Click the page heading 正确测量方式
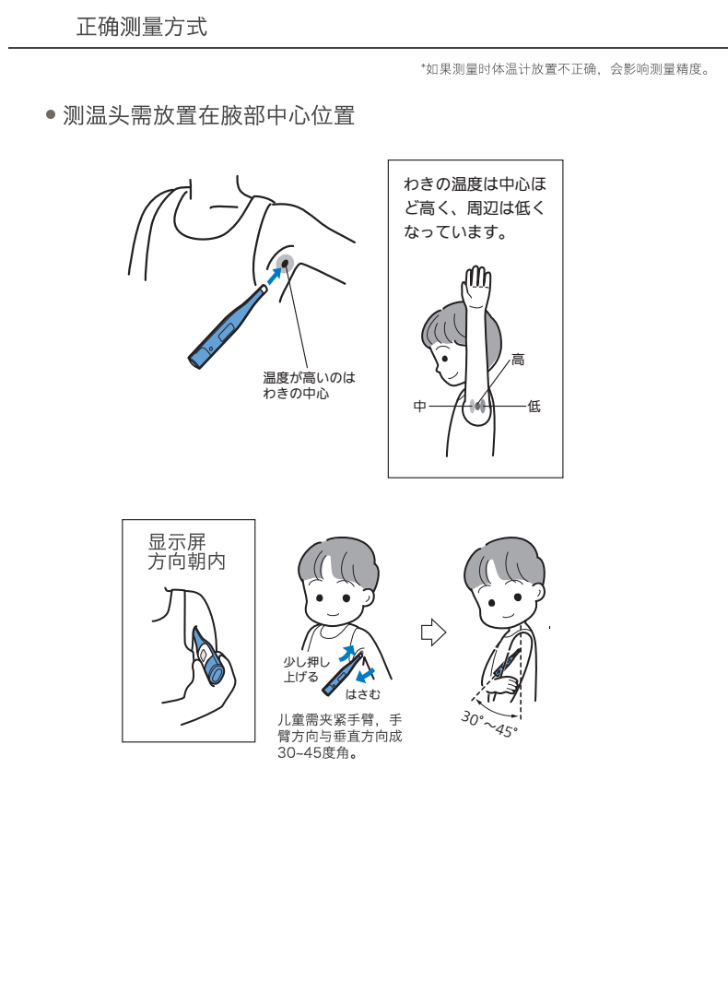click(141, 27)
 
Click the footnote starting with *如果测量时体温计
click(567, 69)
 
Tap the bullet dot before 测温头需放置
click(52, 114)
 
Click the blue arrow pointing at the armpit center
click(273, 276)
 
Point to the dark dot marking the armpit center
click(286, 264)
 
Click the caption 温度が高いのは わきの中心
click(309, 385)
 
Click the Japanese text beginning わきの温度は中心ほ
click(476, 207)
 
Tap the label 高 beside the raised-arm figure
click(518, 360)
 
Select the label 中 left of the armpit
click(419, 406)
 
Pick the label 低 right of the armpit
click(534, 406)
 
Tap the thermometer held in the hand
click(208, 655)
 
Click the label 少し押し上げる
click(306, 668)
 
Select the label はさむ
click(363, 694)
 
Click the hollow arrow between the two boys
click(433, 632)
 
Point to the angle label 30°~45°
click(489, 724)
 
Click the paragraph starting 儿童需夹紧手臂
click(340, 737)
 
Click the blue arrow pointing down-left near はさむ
click(365, 675)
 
